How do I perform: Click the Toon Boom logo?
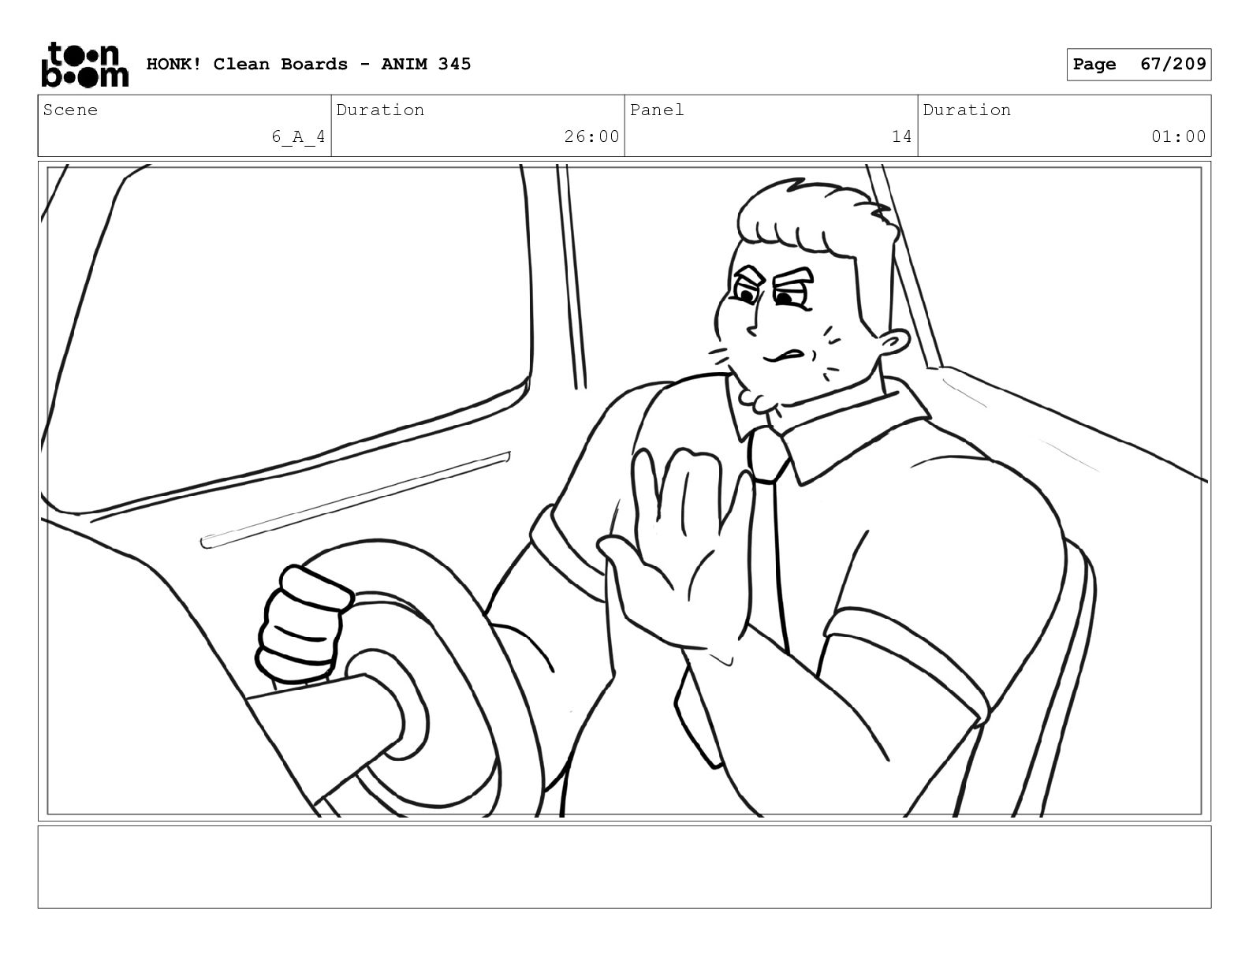click(85, 65)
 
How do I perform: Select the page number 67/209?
click(1173, 64)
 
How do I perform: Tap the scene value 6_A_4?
click(298, 137)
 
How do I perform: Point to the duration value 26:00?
click(591, 137)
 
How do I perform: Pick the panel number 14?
click(901, 137)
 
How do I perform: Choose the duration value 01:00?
click(1178, 137)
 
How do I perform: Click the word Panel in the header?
click(657, 110)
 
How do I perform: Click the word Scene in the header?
click(70, 110)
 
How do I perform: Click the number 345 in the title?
click(454, 64)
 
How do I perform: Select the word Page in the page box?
click(1094, 65)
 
